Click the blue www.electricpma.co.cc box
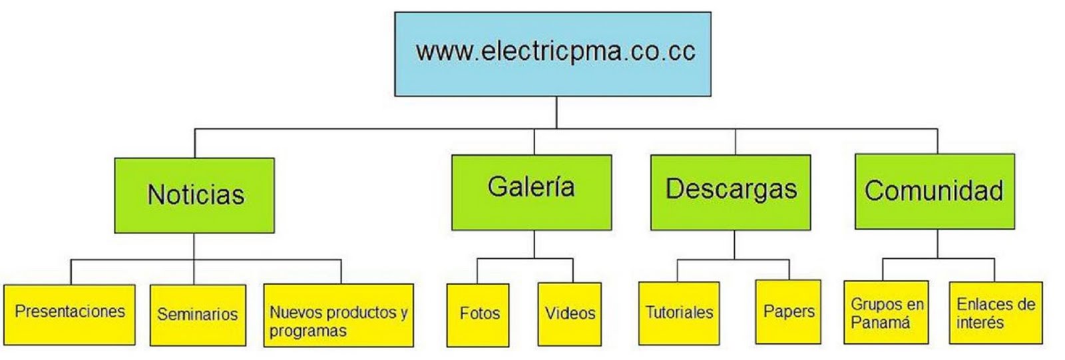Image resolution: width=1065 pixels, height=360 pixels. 552,54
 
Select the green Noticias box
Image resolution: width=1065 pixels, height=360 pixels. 194,195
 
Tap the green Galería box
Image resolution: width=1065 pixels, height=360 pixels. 531,192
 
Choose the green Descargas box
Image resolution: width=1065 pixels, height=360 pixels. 730,192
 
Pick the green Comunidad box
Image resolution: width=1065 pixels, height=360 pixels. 935,192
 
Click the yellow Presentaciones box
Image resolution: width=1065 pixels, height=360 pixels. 69,315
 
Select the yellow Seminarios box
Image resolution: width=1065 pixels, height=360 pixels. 198,315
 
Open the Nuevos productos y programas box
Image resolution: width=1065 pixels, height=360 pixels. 338,315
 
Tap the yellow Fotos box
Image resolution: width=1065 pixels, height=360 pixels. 478,314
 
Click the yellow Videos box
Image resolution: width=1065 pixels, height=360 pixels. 570,314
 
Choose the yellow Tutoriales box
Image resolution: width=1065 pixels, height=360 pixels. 679,313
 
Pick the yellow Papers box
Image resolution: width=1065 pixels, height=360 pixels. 788,311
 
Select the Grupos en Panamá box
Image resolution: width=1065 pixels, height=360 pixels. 886,313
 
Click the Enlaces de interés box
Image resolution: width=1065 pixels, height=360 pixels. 996,313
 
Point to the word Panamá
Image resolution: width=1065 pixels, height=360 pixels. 880,323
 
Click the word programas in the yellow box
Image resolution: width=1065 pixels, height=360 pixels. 308,331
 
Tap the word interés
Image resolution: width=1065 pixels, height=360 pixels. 980,323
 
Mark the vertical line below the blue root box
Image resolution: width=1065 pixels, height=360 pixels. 556,112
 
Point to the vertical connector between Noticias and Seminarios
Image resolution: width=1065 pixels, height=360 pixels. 194,259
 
